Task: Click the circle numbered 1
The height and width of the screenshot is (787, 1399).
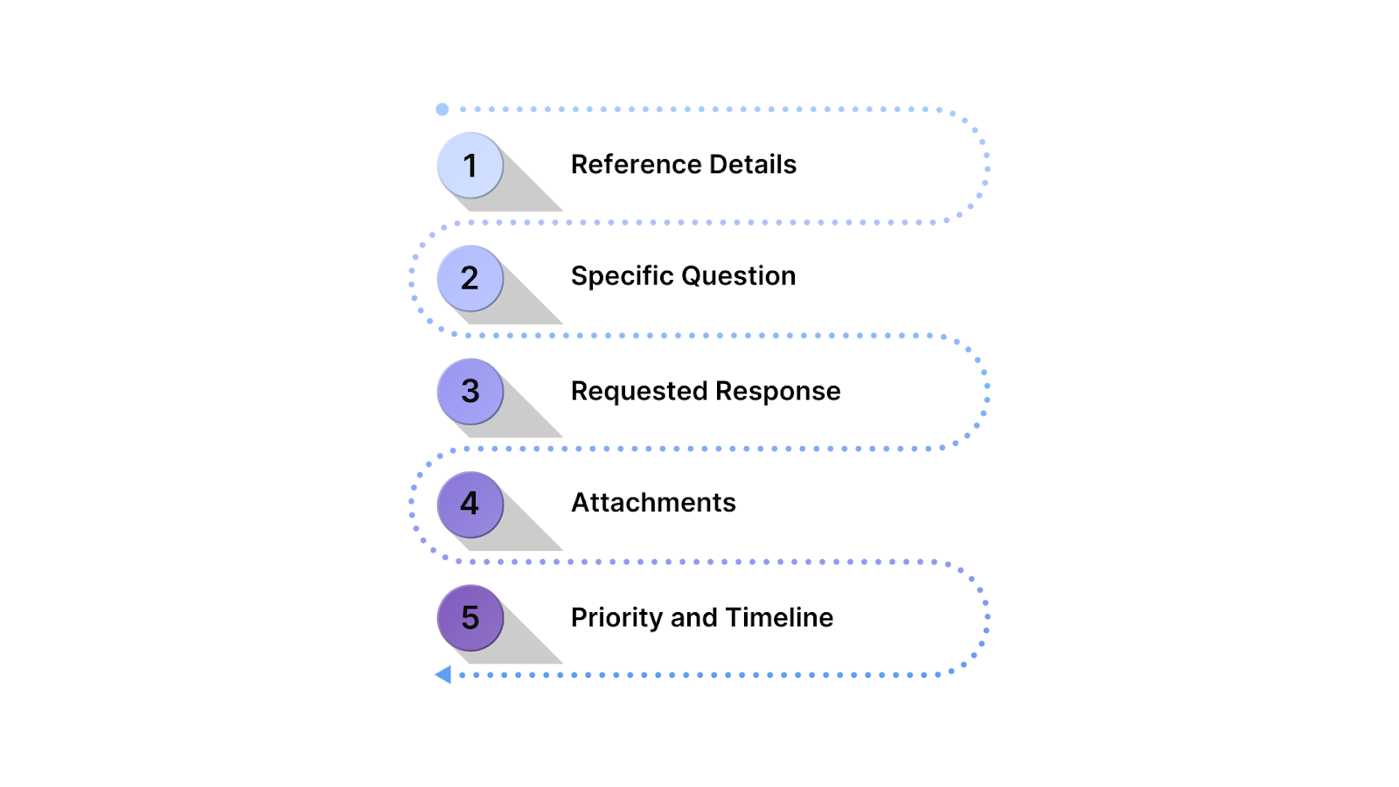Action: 470,165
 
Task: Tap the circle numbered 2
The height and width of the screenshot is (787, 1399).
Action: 470,278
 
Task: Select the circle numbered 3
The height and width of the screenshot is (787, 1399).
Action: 470,391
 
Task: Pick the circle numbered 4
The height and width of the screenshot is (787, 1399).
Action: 470,505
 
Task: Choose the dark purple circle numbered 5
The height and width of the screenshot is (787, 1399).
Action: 470,617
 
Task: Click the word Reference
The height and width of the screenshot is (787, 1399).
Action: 637,164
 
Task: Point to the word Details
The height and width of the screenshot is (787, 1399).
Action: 753,164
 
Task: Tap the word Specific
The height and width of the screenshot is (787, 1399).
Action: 622,276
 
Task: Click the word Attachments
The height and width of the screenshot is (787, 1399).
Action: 653,503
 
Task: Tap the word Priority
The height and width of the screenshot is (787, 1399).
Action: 617,617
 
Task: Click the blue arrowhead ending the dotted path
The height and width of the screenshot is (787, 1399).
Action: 443,674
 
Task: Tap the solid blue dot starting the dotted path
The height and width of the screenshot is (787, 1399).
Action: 442,109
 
